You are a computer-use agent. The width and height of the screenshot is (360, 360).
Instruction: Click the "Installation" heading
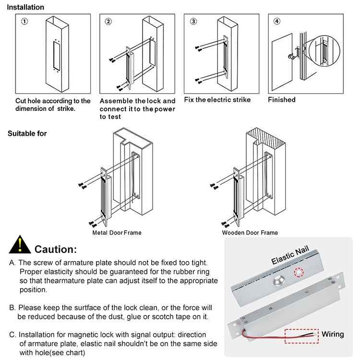[x=25, y=7]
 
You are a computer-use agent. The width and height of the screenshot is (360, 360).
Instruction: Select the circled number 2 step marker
[x=108, y=22]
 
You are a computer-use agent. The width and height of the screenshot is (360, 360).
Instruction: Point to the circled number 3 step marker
[x=193, y=22]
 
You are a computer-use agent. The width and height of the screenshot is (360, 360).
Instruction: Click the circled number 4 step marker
[x=276, y=22]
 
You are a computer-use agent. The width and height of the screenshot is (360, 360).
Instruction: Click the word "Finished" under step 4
[x=281, y=100]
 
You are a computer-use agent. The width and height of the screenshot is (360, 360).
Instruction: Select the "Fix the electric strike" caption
[x=217, y=100]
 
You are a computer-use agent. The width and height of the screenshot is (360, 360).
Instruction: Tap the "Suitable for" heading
[x=27, y=133]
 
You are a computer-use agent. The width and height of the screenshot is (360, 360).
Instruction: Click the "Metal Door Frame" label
[x=117, y=233]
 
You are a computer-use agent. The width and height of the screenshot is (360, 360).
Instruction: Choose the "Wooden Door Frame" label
[x=250, y=233]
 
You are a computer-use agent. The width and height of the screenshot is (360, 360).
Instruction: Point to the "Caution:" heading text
[x=56, y=250]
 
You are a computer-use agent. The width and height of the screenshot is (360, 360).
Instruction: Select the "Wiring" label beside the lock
[x=333, y=334]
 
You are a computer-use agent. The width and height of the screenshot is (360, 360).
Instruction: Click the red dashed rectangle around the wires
[x=301, y=336]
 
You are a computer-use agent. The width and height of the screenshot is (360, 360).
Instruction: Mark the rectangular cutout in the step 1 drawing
[x=56, y=55]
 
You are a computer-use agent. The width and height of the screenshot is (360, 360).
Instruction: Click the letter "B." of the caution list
[x=12, y=307]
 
